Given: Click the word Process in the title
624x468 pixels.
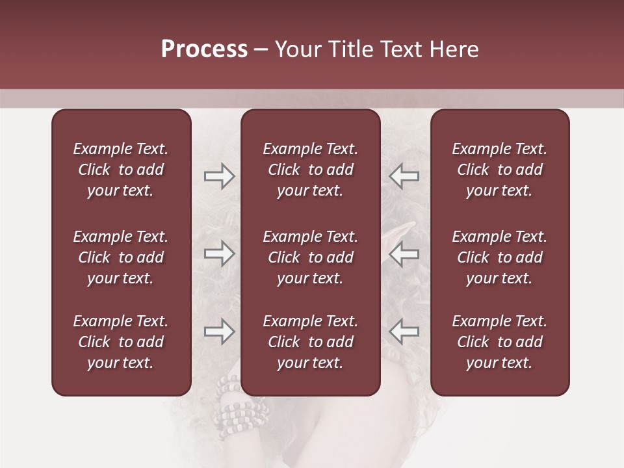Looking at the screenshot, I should [x=204, y=49].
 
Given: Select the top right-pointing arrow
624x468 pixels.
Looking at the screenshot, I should [x=219, y=176].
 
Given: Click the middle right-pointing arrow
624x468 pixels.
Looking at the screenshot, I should [x=219, y=253].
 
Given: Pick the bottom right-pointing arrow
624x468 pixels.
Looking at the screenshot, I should [x=219, y=331].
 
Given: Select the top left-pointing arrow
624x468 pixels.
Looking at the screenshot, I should [x=404, y=176].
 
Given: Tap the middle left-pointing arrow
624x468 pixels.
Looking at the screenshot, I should [x=404, y=253].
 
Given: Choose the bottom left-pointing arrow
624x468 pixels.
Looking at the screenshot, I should [x=404, y=331].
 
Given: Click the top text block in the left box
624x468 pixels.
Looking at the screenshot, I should [x=121, y=170].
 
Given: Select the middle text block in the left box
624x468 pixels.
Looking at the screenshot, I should [x=121, y=257].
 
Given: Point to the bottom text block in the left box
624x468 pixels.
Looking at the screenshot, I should [x=121, y=342].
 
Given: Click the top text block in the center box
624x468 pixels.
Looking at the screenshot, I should [x=310, y=170].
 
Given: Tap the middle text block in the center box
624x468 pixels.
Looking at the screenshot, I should [x=310, y=257].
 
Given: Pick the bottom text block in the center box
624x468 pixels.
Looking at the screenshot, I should [x=310, y=342].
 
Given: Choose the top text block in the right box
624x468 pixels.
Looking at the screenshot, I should [x=499, y=170].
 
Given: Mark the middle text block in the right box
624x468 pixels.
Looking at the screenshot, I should [x=499, y=257].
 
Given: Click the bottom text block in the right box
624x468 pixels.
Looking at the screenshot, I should [x=499, y=342].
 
